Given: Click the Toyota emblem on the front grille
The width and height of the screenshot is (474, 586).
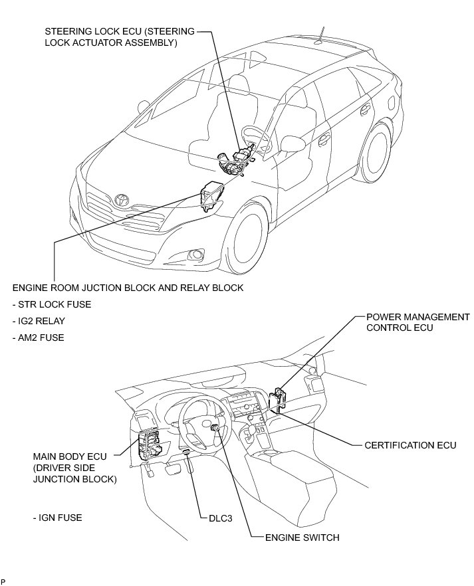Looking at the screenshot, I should [122, 199].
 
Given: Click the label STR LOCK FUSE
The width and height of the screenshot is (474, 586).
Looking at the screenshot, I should [52, 304].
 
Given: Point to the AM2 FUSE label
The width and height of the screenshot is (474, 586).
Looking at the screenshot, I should [38, 338].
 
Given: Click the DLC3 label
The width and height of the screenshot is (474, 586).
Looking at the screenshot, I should [212, 520].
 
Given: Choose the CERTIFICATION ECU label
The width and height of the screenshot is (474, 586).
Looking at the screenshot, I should [410, 444].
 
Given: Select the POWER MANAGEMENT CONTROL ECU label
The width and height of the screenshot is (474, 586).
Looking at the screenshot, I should [417, 322].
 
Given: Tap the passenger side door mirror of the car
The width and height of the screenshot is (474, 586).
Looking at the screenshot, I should [292, 143].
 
